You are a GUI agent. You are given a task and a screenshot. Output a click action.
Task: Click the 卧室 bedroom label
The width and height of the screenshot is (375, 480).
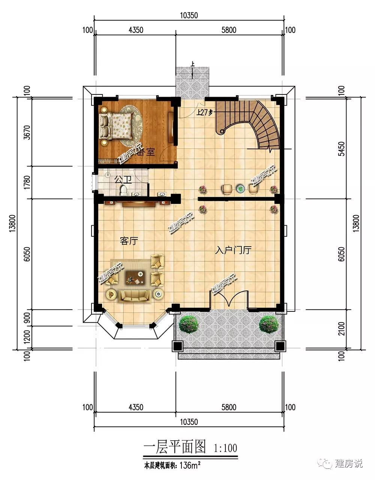tap(146, 152)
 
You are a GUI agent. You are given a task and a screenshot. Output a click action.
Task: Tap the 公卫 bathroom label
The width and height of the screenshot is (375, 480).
tap(123, 179)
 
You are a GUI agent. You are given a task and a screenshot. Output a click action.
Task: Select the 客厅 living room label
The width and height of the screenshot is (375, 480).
tap(129, 241)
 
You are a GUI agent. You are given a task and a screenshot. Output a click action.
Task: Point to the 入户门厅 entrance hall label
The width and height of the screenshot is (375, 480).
tap(233, 250)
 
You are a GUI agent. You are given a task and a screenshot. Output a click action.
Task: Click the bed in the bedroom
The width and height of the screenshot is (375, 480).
tap(117, 126)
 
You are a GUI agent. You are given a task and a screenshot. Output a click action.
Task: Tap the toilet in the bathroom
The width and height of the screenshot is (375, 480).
tap(123, 190)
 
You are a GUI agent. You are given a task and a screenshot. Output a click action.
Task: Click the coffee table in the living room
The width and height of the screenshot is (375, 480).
tap(135, 277)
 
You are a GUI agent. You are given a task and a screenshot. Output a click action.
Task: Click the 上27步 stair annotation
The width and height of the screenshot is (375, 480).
tap(204, 112)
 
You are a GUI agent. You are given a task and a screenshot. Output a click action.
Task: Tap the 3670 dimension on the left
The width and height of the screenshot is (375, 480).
tap(27, 132)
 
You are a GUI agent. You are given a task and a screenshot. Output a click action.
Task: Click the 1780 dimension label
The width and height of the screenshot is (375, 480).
tap(27, 182)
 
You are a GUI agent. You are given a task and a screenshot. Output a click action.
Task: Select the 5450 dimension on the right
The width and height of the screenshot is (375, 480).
tap(342, 149)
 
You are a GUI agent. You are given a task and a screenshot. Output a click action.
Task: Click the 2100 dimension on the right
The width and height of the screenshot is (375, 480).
tap(342, 329)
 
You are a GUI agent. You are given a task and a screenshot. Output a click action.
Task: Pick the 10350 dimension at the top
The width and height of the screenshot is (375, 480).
tap(189, 15)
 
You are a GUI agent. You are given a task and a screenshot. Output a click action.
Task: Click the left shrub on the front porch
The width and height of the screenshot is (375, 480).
tap(188, 324)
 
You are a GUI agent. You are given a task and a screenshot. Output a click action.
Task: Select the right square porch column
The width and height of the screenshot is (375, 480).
tap(280, 346)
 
